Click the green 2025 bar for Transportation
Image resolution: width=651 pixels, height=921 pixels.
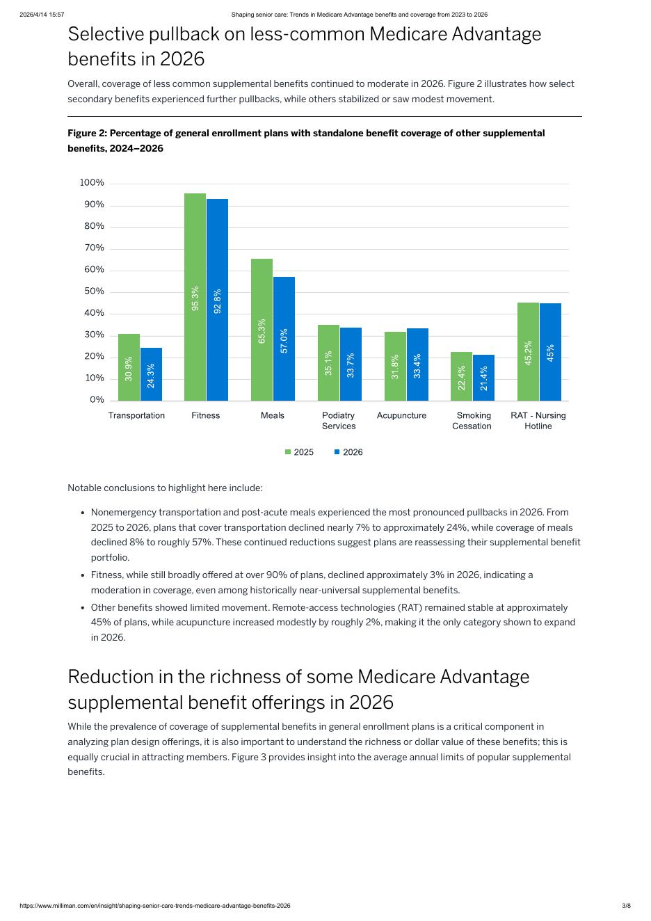point(129,367)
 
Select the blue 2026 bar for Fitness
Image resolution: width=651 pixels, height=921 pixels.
point(217,300)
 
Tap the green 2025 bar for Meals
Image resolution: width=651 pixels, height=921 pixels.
point(262,330)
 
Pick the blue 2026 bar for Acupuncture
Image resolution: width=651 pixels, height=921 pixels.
point(417,365)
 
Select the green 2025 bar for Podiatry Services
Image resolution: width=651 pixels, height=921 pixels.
point(328,362)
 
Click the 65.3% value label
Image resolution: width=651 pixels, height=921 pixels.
point(262,331)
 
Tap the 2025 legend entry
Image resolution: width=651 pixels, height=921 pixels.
point(300,452)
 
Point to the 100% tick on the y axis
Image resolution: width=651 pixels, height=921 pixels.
point(92,183)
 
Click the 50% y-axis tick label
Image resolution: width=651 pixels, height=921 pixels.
point(94,291)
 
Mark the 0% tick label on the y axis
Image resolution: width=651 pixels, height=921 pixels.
point(97,400)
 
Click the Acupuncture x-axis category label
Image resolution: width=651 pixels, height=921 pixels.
point(401,415)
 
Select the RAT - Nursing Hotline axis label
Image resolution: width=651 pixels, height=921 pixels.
point(538,420)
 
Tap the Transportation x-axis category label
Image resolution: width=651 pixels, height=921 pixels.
point(136,415)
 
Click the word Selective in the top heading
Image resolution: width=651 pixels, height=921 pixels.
point(108,34)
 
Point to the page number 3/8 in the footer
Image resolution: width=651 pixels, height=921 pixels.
point(626,906)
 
